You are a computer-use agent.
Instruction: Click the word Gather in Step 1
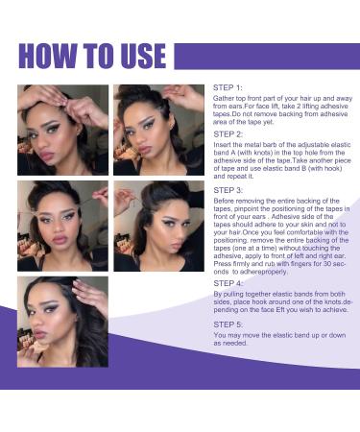[x=223, y=98]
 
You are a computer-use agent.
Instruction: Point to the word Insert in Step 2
[x=222, y=146]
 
